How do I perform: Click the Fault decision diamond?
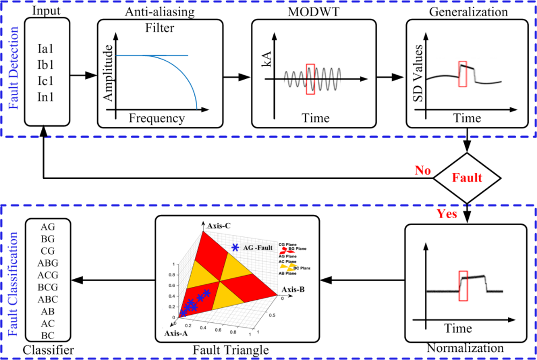point(468,176)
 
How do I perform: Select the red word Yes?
point(447,213)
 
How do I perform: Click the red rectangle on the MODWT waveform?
point(310,80)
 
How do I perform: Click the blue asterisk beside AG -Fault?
point(235,247)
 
